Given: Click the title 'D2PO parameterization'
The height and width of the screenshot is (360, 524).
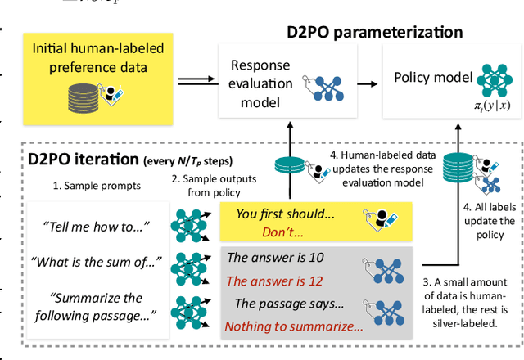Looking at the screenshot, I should pos(374,33).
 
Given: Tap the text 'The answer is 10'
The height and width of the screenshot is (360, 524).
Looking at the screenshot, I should pos(275,258).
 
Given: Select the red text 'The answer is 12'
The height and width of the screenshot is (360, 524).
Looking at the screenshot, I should pos(275,281).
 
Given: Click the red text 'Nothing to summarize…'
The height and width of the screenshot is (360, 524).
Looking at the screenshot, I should pos(293,326).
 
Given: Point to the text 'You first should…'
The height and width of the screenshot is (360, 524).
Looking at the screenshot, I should pos(283,214).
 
